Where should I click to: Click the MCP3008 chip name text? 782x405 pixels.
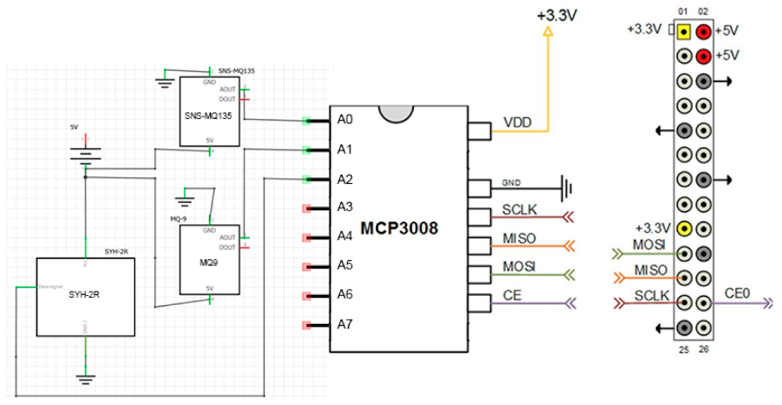coord(399,228)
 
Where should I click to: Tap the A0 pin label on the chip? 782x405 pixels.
coord(345,120)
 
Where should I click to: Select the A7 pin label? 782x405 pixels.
coord(345,324)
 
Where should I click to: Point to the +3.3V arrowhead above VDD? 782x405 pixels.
coord(548,31)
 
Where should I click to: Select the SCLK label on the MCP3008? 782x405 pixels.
coord(519,210)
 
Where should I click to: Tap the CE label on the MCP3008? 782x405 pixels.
coord(512,295)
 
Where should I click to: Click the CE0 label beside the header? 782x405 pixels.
coord(737,293)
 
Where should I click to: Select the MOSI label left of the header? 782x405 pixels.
coord(649,245)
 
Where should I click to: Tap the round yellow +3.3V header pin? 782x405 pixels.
coord(684,228)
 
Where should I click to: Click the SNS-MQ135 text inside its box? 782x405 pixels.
coord(208,116)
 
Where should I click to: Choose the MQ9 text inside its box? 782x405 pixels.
coord(208,263)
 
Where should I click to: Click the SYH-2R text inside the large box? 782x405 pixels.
coord(84,295)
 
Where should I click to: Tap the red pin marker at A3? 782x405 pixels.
coord(306,209)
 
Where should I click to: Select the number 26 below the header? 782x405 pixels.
coord(704,349)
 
